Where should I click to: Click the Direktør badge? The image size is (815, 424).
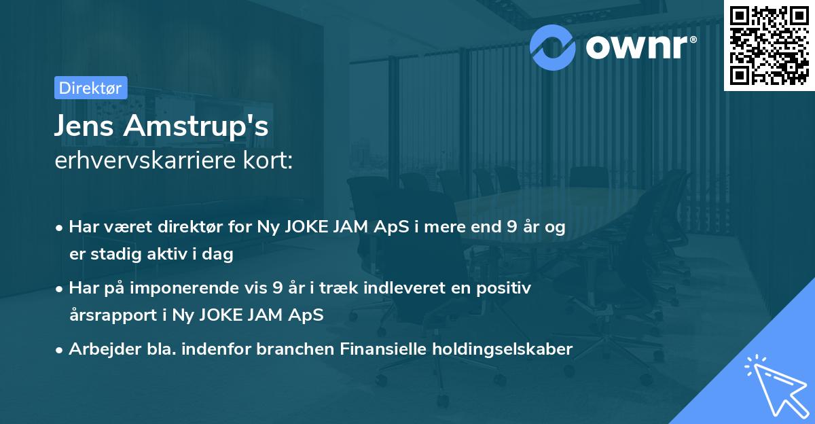(x=90, y=88)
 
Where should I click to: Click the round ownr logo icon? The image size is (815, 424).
(x=553, y=46)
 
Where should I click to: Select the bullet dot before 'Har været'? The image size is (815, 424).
(x=60, y=228)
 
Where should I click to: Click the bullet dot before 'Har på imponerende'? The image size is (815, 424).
(x=60, y=289)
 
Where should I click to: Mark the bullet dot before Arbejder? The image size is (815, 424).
(x=60, y=350)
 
